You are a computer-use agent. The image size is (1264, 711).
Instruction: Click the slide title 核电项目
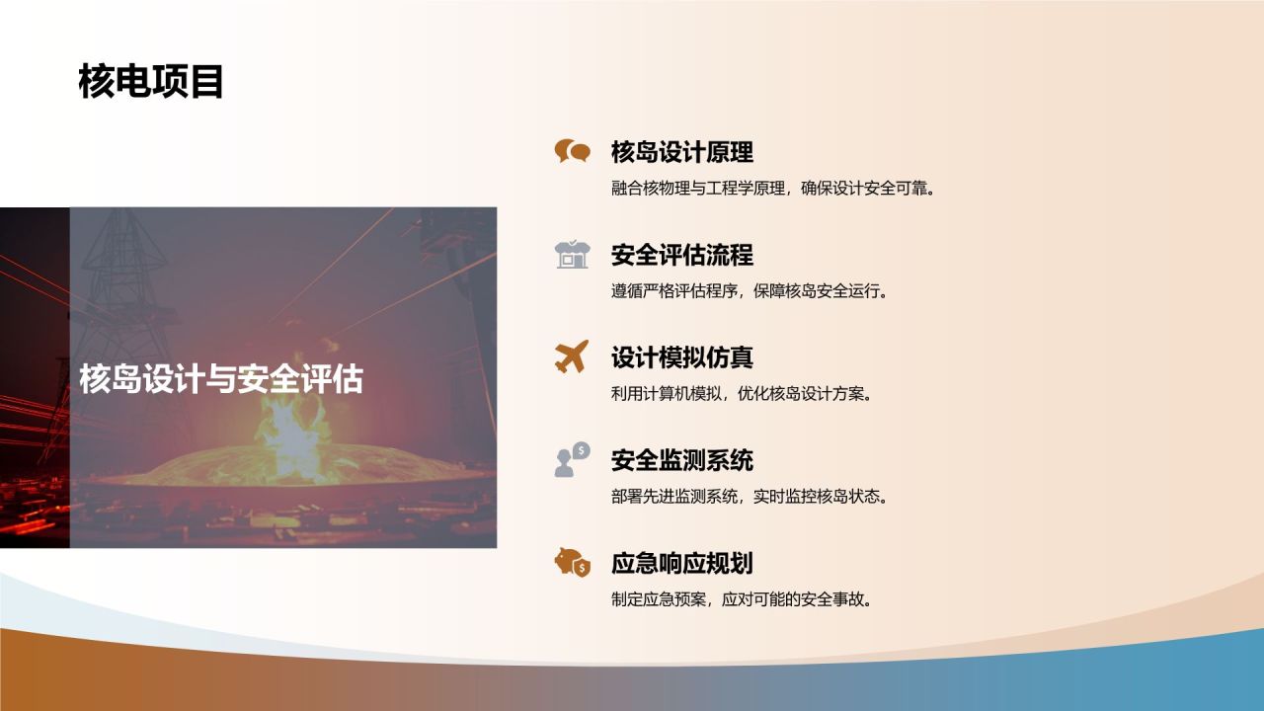tap(151, 82)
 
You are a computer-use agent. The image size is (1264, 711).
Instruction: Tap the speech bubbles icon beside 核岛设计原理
tap(572, 151)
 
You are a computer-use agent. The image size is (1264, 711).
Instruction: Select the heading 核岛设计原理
tap(681, 152)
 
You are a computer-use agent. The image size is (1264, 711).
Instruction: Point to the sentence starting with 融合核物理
tap(772, 188)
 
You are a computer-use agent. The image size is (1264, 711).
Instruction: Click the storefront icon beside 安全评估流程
tap(572, 255)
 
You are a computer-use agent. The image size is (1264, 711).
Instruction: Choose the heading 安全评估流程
tap(681, 255)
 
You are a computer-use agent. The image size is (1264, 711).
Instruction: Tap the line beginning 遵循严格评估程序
tap(749, 291)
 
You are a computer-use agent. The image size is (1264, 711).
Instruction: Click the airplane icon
tap(572, 356)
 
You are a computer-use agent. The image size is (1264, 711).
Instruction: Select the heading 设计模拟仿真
tap(681, 357)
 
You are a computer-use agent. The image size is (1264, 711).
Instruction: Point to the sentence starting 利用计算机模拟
tap(741, 394)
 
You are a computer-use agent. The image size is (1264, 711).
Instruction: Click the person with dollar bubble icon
tap(572, 459)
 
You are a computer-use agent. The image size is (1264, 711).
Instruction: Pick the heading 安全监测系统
tap(681, 460)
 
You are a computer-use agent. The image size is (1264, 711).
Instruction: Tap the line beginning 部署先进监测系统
tap(749, 497)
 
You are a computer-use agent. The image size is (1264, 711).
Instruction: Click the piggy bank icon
tap(572, 563)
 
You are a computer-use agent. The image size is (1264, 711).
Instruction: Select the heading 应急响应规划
tap(681, 564)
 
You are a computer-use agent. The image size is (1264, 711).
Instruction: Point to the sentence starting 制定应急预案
tap(741, 599)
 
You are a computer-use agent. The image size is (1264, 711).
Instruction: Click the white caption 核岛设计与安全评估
tap(221, 379)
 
